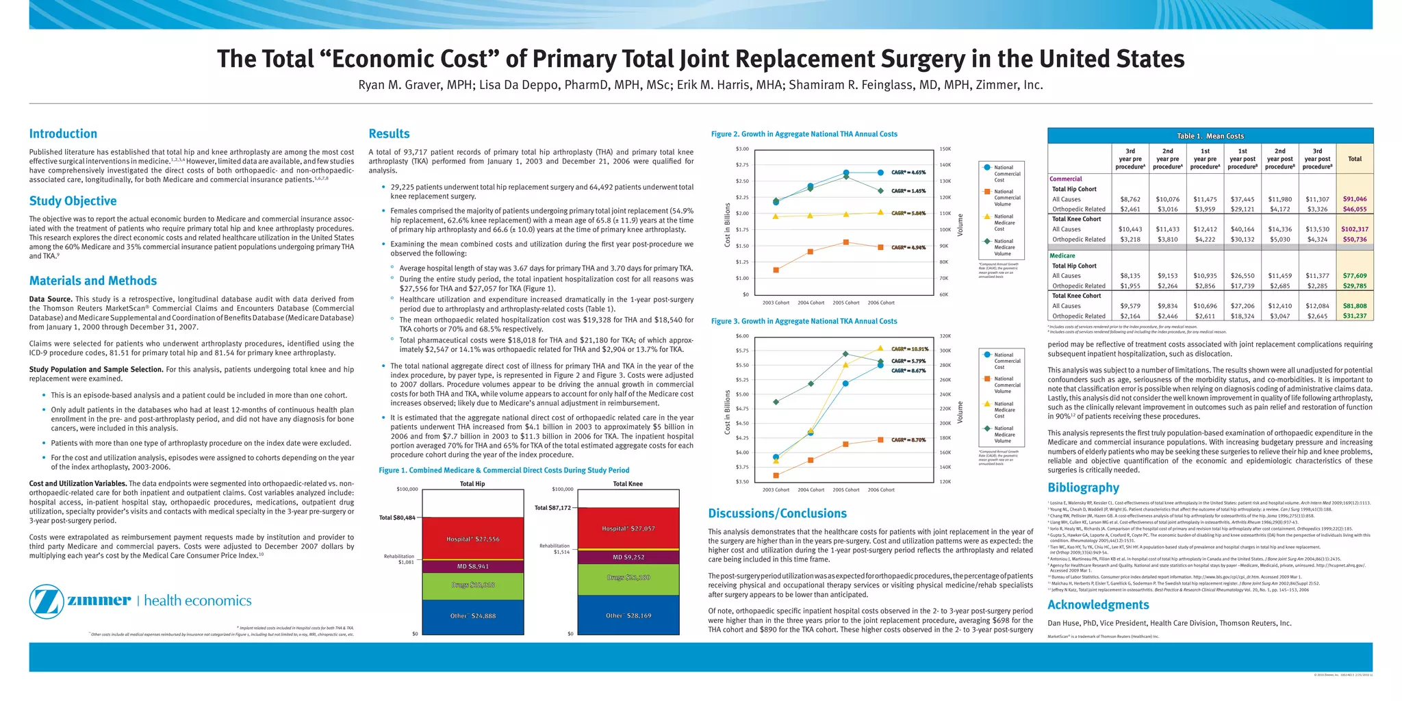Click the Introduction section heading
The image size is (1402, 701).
pyautogui.click(x=63, y=134)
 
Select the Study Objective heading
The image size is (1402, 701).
pyautogui.click(x=73, y=201)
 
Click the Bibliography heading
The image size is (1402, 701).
pyautogui.click(x=1083, y=488)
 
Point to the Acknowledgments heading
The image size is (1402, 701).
pyautogui.click(x=1098, y=605)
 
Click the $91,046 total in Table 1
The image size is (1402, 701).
pyautogui.click(x=1354, y=199)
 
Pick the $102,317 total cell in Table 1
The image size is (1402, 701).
pyautogui.click(x=1354, y=229)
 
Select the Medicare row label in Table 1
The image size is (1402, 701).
pyautogui.click(x=1062, y=256)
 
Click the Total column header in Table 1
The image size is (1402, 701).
pyautogui.click(x=1354, y=159)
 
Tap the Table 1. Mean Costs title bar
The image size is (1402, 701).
pyautogui.click(x=1210, y=136)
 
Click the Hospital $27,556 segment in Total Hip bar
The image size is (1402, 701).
pyautogui.click(x=472, y=539)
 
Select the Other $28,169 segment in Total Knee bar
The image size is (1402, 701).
pyautogui.click(x=628, y=616)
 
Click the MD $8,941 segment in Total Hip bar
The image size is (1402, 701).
pyautogui.click(x=472, y=567)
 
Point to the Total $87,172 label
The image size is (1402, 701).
pyautogui.click(x=552, y=508)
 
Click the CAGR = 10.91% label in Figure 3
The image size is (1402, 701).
pyautogui.click(x=908, y=349)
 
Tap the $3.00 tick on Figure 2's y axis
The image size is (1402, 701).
pyautogui.click(x=742, y=149)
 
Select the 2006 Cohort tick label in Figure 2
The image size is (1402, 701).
pyautogui.click(x=881, y=303)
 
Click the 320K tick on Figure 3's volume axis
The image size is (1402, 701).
pyautogui.click(x=945, y=336)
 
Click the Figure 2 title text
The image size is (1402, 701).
pyautogui.click(x=804, y=134)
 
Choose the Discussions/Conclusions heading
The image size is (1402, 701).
pyautogui.click(x=777, y=513)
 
